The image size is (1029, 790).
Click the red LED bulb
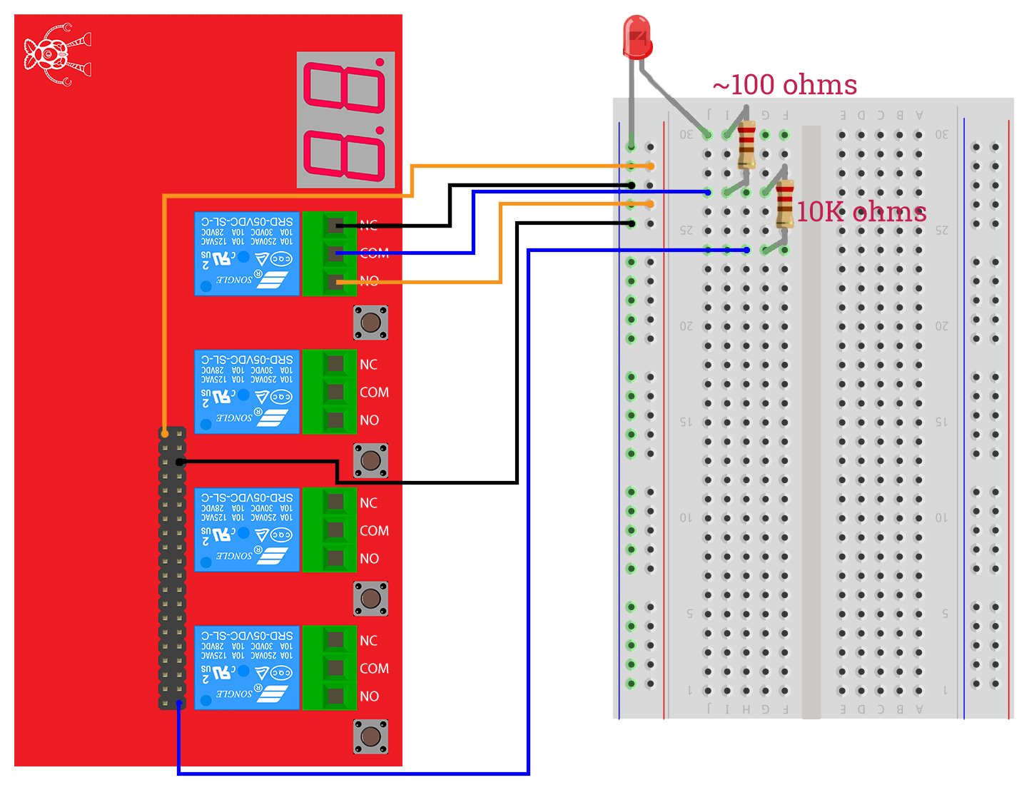[x=637, y=37]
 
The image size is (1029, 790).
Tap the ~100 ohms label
[x=784, y=85]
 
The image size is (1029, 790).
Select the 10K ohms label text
[x=861, y=212]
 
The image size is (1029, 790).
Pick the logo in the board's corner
[x=56, y=55]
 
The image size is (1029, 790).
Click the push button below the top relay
[x=370, y=323]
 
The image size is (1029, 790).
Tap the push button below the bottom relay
[x=370, y=736]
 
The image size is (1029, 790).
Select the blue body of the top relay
[x=246, y=253]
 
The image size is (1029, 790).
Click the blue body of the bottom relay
[x=246, y=667]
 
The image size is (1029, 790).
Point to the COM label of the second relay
[x=374, y=393]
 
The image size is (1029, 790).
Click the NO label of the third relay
[x=369, y=559]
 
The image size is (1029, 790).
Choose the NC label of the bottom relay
[x=368, y=641]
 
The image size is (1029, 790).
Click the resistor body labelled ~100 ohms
[x=746, y=146]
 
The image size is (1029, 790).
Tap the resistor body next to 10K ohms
[x=784, y=203]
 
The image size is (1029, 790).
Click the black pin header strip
[x=172, y=568]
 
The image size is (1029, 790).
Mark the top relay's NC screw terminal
[x=334, y=226]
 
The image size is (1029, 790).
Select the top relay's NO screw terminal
[x=334, y=282]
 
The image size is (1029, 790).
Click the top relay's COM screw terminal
[x=334, y=253]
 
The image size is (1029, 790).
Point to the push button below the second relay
[x=370, y=460]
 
